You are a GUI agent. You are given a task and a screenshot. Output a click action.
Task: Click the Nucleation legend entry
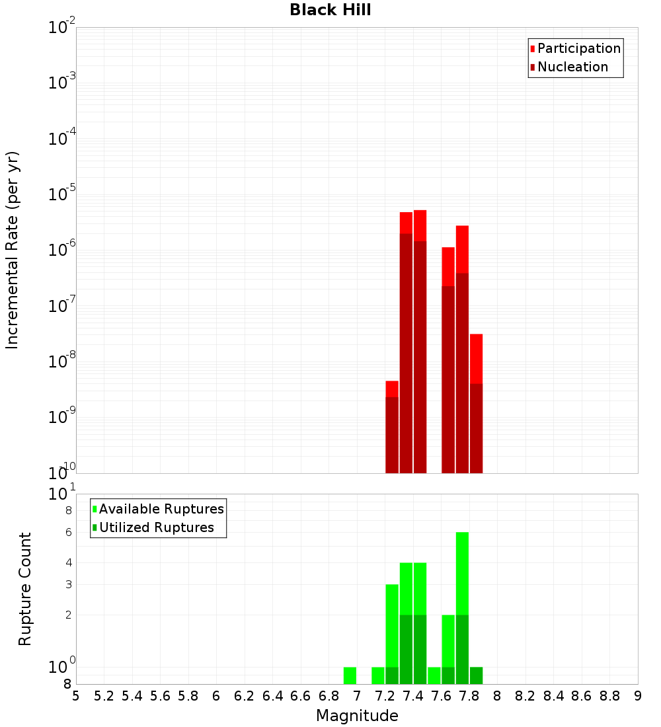pos(572,67)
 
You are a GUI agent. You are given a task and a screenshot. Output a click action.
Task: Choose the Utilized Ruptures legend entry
pos(156,527)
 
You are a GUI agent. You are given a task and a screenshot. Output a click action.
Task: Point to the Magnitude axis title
pos(357,716)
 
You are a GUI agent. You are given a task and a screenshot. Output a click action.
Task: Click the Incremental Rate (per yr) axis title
pos(12,250)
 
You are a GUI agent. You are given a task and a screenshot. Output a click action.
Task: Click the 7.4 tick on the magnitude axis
pos(413,696)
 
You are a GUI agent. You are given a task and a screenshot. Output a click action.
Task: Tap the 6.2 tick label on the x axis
pos(245,696)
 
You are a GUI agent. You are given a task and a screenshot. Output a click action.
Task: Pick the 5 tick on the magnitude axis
pos(76,696)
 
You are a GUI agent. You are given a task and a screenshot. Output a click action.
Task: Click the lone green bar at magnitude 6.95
pos(350,675)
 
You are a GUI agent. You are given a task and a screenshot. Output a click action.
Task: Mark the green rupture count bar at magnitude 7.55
pos(434,675)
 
